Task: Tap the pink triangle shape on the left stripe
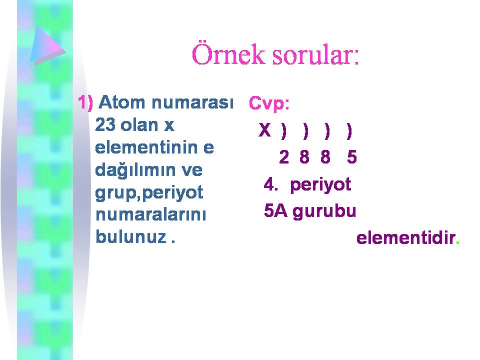click(48, 45)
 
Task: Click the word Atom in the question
click(121, 102)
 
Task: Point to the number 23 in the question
click(105, 125)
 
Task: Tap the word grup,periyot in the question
click(149, 193)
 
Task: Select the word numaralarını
click(150, 214)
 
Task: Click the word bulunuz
click(131, 236)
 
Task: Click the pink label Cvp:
click(269, 103)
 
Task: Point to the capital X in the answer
click(265, 130)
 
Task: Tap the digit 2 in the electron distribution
click(284, 157)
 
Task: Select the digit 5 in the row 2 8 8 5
click(352, 157)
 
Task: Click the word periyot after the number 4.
click(320, 185)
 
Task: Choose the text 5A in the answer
click(276, 211)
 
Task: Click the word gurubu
click(324, 212)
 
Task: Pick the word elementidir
click(406, 238)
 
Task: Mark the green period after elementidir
click(457, 243)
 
